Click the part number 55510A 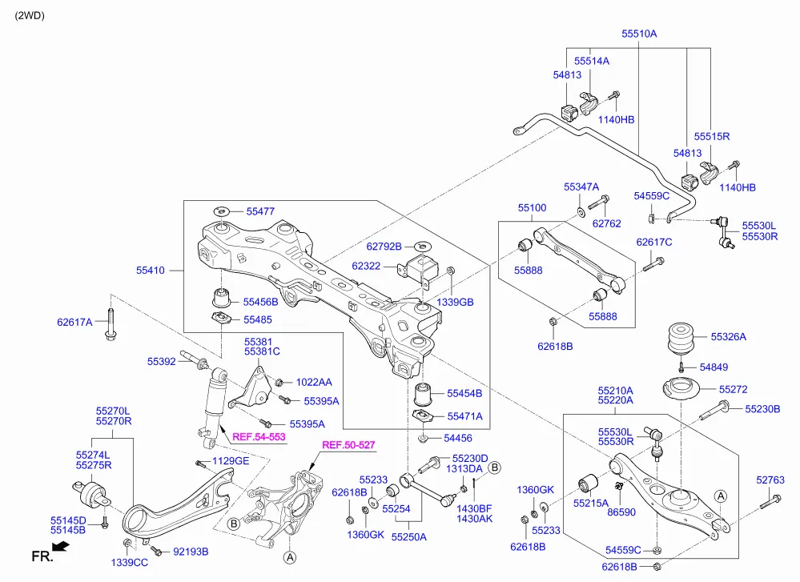(639, 34)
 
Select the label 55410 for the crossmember (151, 271)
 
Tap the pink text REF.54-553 (259, 436)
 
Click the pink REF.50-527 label (348, 445)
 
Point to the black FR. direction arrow (61, 548)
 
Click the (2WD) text (30, 15)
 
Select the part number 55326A (728, 337)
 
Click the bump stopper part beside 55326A (681, 338)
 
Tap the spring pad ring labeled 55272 (681, 389)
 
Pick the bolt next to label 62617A (111, 324)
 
